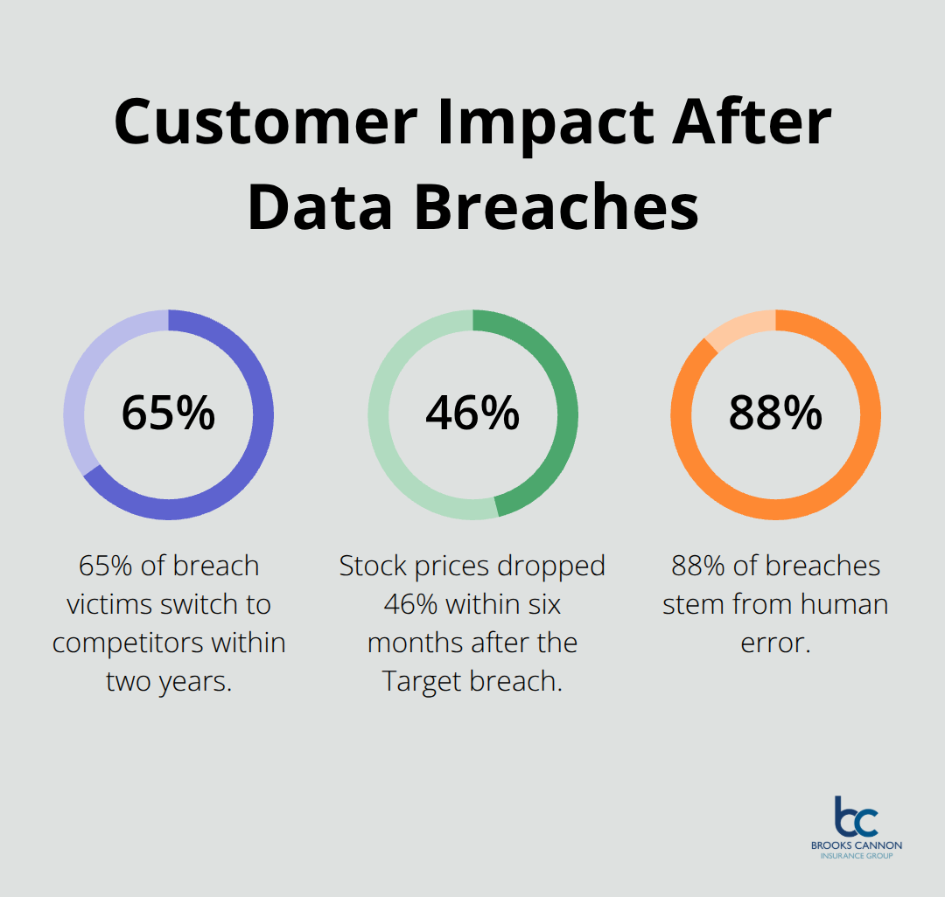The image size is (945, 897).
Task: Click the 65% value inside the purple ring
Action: tap(168, 414)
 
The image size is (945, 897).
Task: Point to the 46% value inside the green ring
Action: tap(472, 414)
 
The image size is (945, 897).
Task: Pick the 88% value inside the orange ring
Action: tap(775, 414)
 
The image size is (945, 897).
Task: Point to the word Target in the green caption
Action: tap(423, 681)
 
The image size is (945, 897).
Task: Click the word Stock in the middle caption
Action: tap(374, 566)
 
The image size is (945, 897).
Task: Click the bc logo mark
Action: tap(855, 817)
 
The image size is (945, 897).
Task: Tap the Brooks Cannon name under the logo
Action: tap(855, 846)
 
